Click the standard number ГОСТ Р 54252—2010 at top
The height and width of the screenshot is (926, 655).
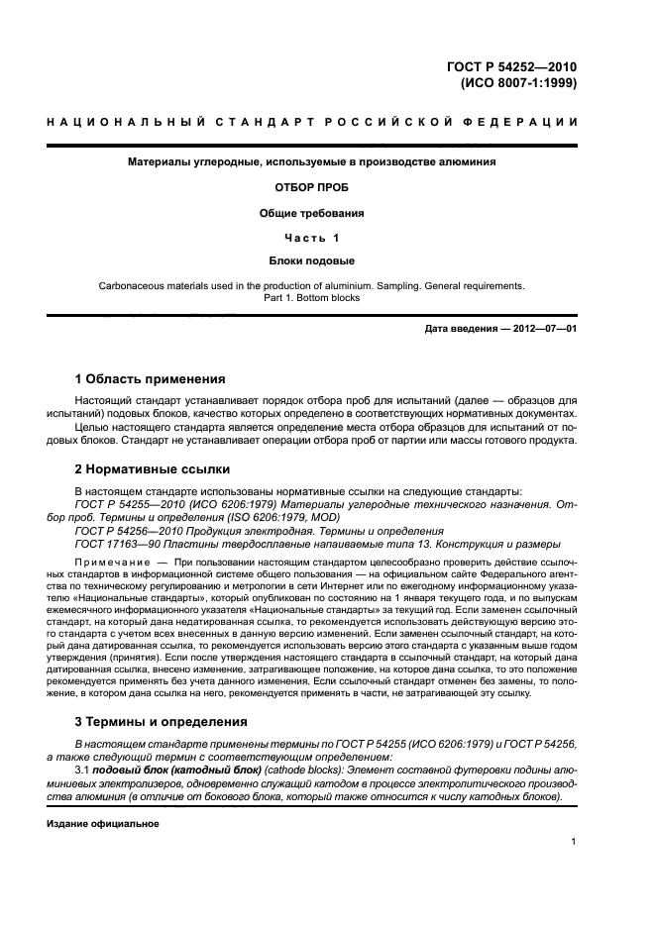tap(508, 67)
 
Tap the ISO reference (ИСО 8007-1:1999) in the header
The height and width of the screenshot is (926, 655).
tap(516, 83)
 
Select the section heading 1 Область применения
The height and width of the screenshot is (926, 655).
tap(150, 378)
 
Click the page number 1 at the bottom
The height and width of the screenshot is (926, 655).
tap(575, 842)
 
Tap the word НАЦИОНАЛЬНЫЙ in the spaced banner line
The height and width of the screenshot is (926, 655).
tap(120, 123)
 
